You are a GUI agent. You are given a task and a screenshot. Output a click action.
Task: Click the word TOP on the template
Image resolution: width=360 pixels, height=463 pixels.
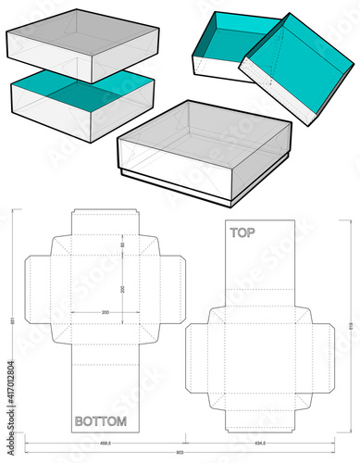(243, 234)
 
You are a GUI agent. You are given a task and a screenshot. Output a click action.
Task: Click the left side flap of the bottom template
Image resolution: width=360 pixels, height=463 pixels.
(37, 287)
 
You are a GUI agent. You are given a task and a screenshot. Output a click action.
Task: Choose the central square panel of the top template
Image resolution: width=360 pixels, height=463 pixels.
(260, 356)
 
